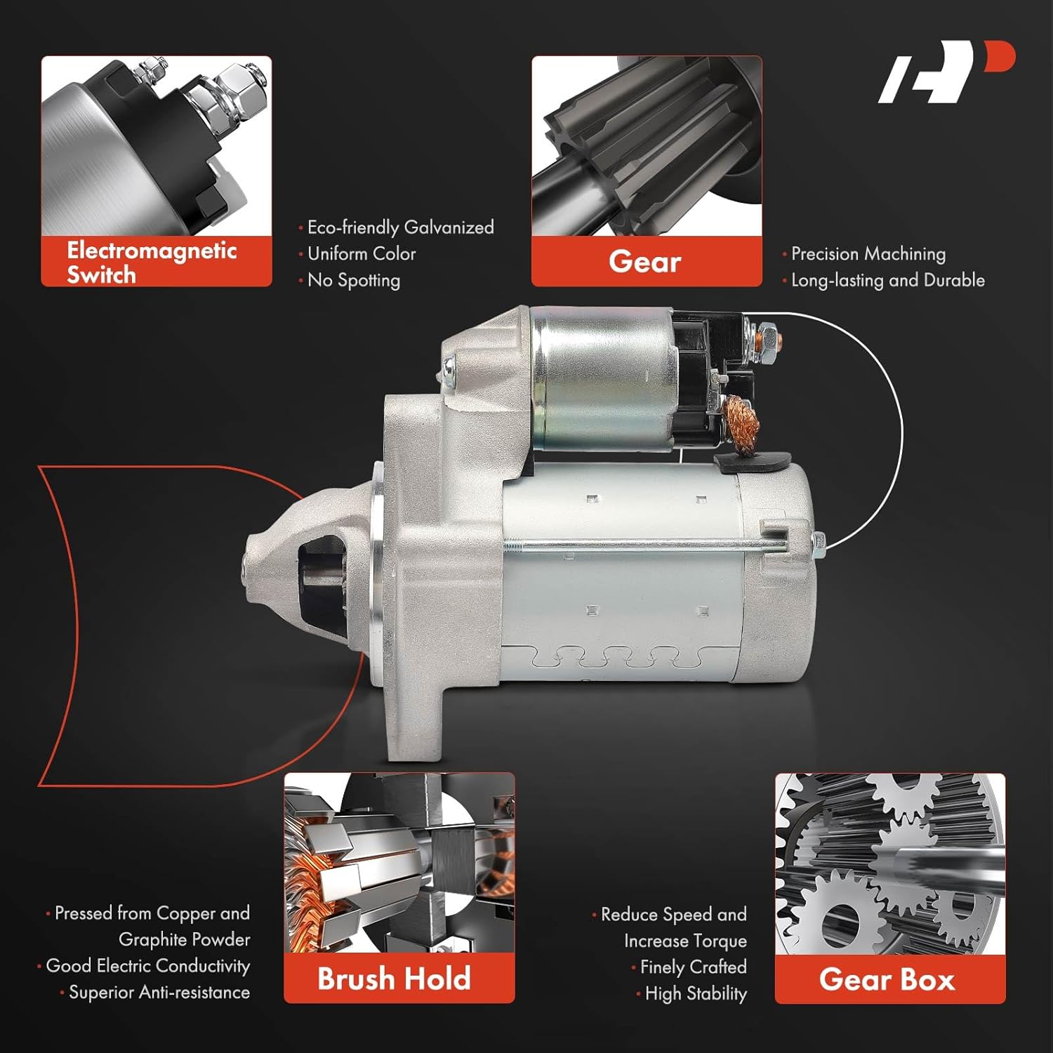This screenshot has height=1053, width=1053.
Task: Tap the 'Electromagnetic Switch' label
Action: [x=152, y=262]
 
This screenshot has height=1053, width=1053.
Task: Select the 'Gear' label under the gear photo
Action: [x=645, y=262]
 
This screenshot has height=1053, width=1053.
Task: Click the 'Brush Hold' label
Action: [x=394, y=979]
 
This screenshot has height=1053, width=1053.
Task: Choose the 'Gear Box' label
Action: [x=887, y=979]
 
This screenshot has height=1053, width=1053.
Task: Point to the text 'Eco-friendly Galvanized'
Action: [x=400, y=227]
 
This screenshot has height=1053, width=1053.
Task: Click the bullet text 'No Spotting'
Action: [x=353, y=280]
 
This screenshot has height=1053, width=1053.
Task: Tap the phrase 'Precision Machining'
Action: [x=868, y=253]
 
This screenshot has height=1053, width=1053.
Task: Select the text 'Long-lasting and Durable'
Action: [x=887, y=280]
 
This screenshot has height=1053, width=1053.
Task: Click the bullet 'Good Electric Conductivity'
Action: [x=147, y=966]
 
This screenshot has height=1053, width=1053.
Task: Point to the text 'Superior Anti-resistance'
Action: [x=159, y=993]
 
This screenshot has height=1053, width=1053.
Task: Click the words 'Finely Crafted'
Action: [x=693, y=967]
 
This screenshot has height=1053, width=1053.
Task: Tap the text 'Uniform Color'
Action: [x=362, y=253]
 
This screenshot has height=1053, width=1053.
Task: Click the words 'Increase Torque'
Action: [x=685, y=941]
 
